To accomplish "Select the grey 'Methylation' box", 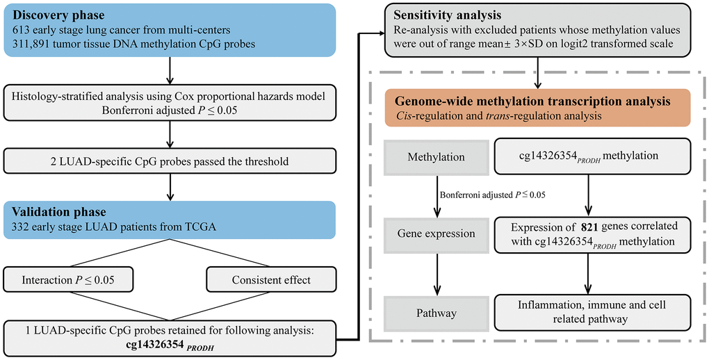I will (437, 156).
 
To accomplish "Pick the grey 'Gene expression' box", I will (437, 234).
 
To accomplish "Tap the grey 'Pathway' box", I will (437, 313).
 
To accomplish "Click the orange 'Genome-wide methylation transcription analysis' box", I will (539, 108).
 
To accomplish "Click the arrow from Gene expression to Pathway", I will (437, 272).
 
